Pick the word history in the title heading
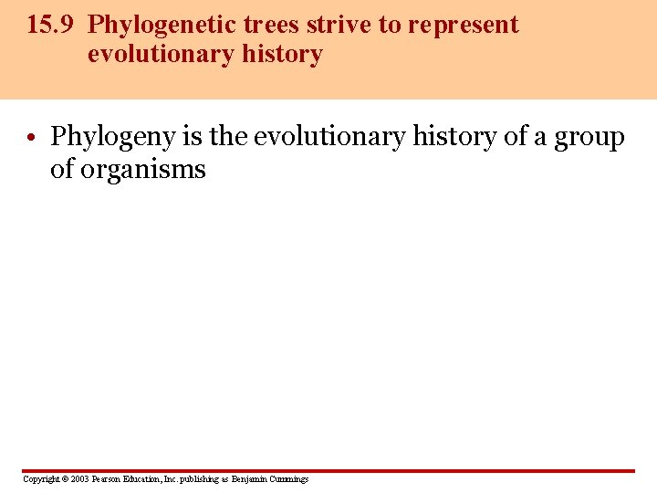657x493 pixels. coord(282,56)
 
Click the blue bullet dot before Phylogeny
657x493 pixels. coord(31,139)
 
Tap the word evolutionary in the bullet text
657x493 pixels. coord(329,137)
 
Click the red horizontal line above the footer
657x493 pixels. coord(328,471)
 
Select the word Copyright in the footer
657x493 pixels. coord(39,479)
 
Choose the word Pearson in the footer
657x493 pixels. coord(108,479)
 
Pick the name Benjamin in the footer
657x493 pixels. coord(249,479)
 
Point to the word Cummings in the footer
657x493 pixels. coord(289,479)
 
